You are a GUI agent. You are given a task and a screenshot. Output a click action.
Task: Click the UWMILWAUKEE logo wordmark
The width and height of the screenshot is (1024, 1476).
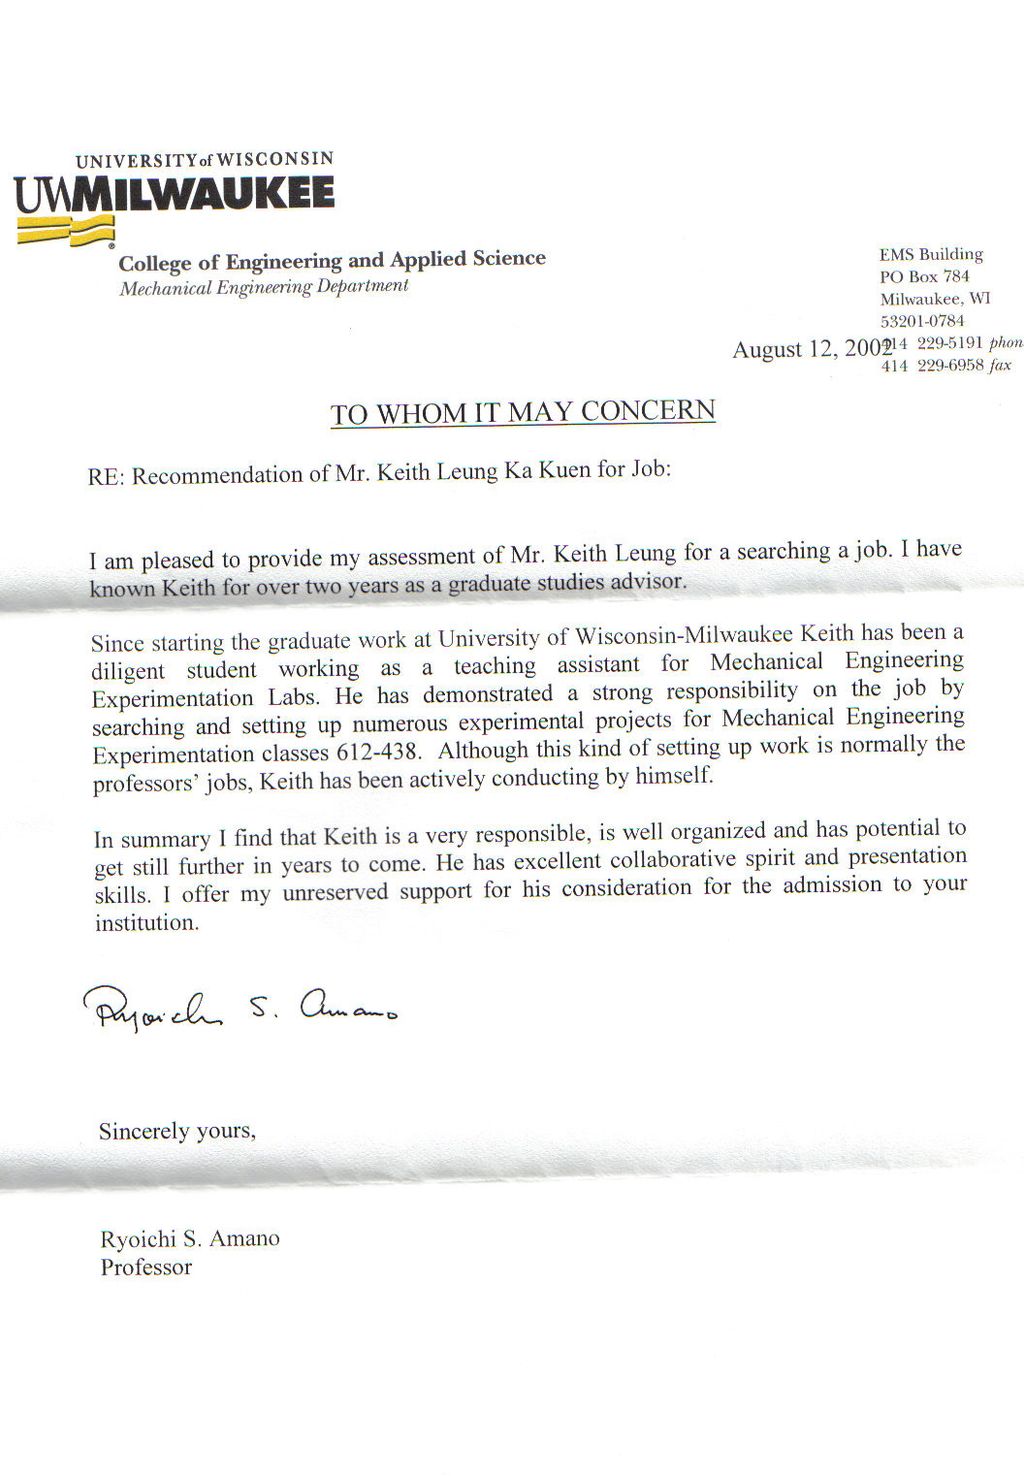174,193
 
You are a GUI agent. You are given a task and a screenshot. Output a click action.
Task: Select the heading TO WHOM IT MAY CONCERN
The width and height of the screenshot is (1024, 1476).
523,412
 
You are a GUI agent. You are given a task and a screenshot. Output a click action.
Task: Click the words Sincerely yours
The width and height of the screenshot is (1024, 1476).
177,1131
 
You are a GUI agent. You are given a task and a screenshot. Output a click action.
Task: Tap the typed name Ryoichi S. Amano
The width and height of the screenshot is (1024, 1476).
190,1239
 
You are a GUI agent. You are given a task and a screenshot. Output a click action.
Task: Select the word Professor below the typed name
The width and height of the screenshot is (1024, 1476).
146,1267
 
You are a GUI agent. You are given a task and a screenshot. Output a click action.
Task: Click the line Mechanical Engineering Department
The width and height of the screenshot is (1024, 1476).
264,287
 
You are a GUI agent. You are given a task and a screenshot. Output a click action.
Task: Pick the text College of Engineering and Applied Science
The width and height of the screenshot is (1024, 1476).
332,261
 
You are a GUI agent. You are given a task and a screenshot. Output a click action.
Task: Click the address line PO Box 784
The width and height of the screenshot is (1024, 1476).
925,277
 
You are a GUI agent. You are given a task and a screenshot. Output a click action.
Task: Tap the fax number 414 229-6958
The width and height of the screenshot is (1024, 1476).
933,366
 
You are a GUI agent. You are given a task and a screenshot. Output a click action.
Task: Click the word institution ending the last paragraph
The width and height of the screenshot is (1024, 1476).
146,923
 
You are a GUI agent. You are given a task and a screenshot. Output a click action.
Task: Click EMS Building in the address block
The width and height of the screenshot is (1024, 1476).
931,255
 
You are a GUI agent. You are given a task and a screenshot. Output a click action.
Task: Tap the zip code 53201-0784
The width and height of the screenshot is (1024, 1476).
922,321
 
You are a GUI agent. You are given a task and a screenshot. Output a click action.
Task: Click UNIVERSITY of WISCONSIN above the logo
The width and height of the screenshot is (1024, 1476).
204,160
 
